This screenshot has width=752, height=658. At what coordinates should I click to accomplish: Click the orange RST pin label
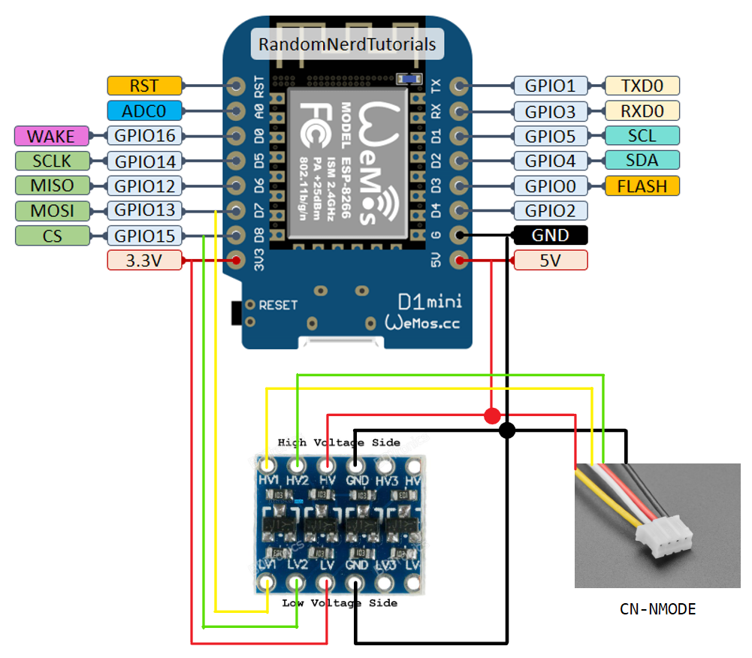(x=144, y=86)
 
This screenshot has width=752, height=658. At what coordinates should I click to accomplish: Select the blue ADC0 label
(x=144, y=111)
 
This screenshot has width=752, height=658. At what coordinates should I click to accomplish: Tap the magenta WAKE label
(x=51, y=137)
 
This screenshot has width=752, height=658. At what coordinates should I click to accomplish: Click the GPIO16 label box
(x=144, y=137)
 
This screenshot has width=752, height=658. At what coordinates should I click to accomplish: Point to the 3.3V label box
(x=144, y=261)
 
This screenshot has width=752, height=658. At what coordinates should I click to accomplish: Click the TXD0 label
(x=642, y=86)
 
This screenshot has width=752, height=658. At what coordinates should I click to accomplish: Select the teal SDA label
(x=642, y=160)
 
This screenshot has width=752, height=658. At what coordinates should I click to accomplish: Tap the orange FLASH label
(x=642, y=186)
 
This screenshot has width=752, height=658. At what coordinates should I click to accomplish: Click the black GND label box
(x=550, y=235)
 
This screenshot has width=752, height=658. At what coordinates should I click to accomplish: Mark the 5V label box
(x=550, y=261)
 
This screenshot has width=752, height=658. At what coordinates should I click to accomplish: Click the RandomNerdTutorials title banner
(x=347, y=44)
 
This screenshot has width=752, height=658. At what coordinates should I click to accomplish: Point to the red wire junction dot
(x=492, y=415)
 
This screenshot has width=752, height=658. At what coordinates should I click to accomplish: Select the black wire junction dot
(x=507, y=430)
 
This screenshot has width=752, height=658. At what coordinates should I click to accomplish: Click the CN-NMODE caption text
(x=658, y=609)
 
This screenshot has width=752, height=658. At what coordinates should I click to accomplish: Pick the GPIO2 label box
(x=550, y=210)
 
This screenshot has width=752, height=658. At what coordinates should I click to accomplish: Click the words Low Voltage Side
(x=340, y=603)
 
